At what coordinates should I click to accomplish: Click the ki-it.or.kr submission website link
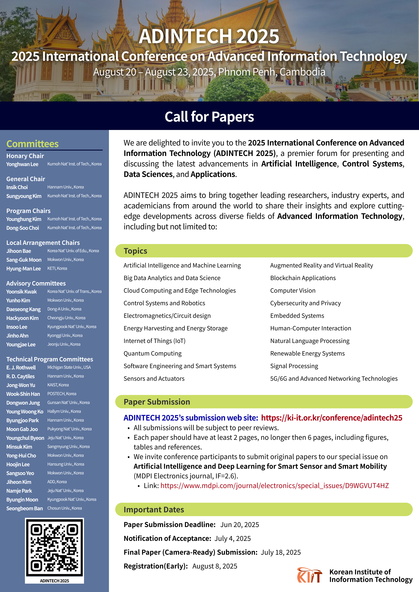tap(332, 418)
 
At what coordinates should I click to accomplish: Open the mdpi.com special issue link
tap(275, 486)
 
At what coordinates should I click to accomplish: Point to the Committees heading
tap(32, 144)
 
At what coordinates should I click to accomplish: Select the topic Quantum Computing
tap(153, 353)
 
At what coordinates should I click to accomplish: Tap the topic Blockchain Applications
tap(303, 278)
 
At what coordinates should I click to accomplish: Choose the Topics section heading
tap(135, 251)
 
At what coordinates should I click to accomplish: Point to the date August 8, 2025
tap(215, 566)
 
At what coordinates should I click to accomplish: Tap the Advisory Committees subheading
tap(36, 284)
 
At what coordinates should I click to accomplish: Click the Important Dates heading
tap(154, 510)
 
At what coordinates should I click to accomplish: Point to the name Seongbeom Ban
tap(25, 508)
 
